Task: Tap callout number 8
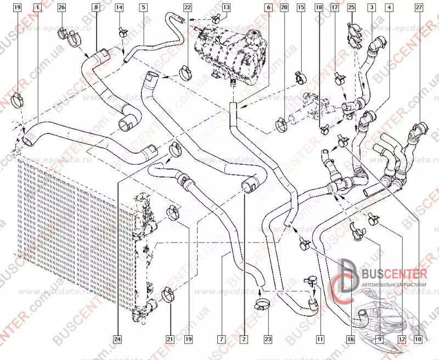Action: pos(96,8)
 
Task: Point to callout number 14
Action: pos(119,8)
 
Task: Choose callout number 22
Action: pos(188,8)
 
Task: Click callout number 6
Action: pos(268,8)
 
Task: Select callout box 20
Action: pos(284,8)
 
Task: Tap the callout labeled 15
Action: pos(300,8)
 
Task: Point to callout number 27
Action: pos(419,8)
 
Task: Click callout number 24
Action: pos(117,339)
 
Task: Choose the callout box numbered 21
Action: pos(170,339)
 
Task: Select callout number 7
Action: pos(221,339)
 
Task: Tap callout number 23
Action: pos(267,339)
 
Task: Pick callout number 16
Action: pos(350,339)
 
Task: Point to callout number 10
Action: pos(419,339)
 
